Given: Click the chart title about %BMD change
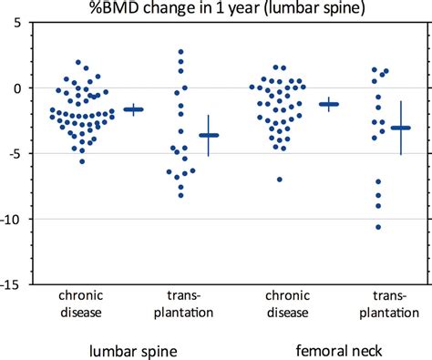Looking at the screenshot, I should coord(216,9).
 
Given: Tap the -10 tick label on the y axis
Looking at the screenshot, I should coord(12,220).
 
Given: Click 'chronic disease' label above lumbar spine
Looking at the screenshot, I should coord(82,305).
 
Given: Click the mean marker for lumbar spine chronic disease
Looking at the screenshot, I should coord(134,109).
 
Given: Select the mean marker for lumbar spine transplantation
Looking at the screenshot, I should coord(209,135).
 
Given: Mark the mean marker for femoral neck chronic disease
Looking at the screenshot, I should coord(329,104).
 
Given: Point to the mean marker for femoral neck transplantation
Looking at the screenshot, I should coord(401,128).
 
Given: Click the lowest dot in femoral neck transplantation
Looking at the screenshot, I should coord(378,227).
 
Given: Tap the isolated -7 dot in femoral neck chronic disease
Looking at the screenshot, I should coord(280,180).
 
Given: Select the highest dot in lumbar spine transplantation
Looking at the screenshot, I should coord(181,52).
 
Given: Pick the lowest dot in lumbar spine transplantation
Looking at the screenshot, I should coord(181,195).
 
